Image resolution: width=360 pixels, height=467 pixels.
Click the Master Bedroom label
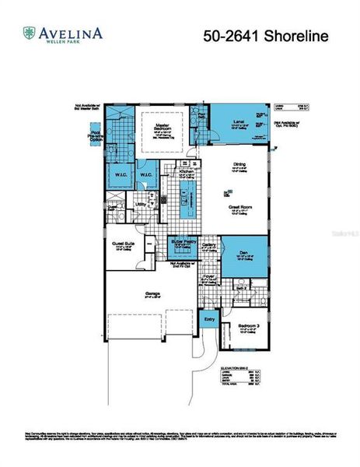pyautogui.click(x=163, y=127)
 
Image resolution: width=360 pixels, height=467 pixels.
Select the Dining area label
pyautogui.click(x=240, y=165)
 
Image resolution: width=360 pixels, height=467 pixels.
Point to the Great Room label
pyautogui.click(x=239, y=208)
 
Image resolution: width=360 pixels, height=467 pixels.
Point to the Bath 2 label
pyautogui.click(x=241, y=288)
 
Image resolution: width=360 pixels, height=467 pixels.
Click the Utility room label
pyautogui.click(x=142, y=205)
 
